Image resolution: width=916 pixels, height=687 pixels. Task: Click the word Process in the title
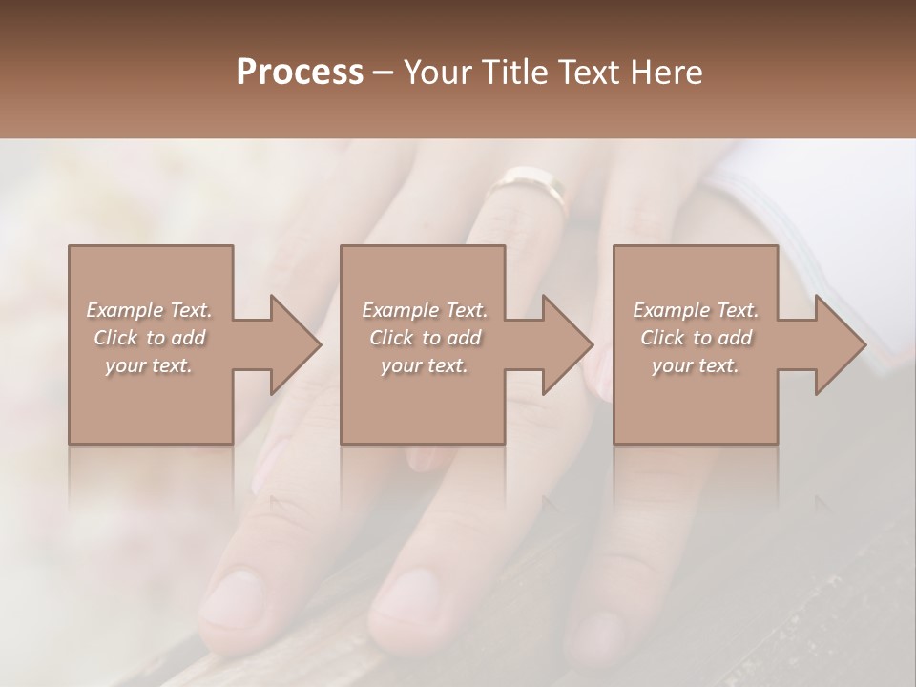pos(300,73)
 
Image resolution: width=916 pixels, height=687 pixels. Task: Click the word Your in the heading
pos(436,73)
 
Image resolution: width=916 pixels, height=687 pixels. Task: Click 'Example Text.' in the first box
pos(150,310)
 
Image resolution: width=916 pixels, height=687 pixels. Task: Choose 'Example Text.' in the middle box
pos(425,310)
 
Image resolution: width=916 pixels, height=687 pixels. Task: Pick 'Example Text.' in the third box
pos(696,310)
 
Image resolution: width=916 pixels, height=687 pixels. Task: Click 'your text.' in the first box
pos(150,365)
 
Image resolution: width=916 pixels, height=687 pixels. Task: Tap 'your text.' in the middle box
pos(425,365)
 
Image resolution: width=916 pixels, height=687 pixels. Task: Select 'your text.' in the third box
pos(696,365)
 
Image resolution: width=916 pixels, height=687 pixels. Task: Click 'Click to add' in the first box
pos(150,338)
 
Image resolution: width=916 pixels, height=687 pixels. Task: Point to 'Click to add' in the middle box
pos(425,338)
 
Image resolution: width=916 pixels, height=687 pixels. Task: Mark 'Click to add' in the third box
pos(696,338)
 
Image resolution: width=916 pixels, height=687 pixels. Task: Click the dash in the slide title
pos(384,73)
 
